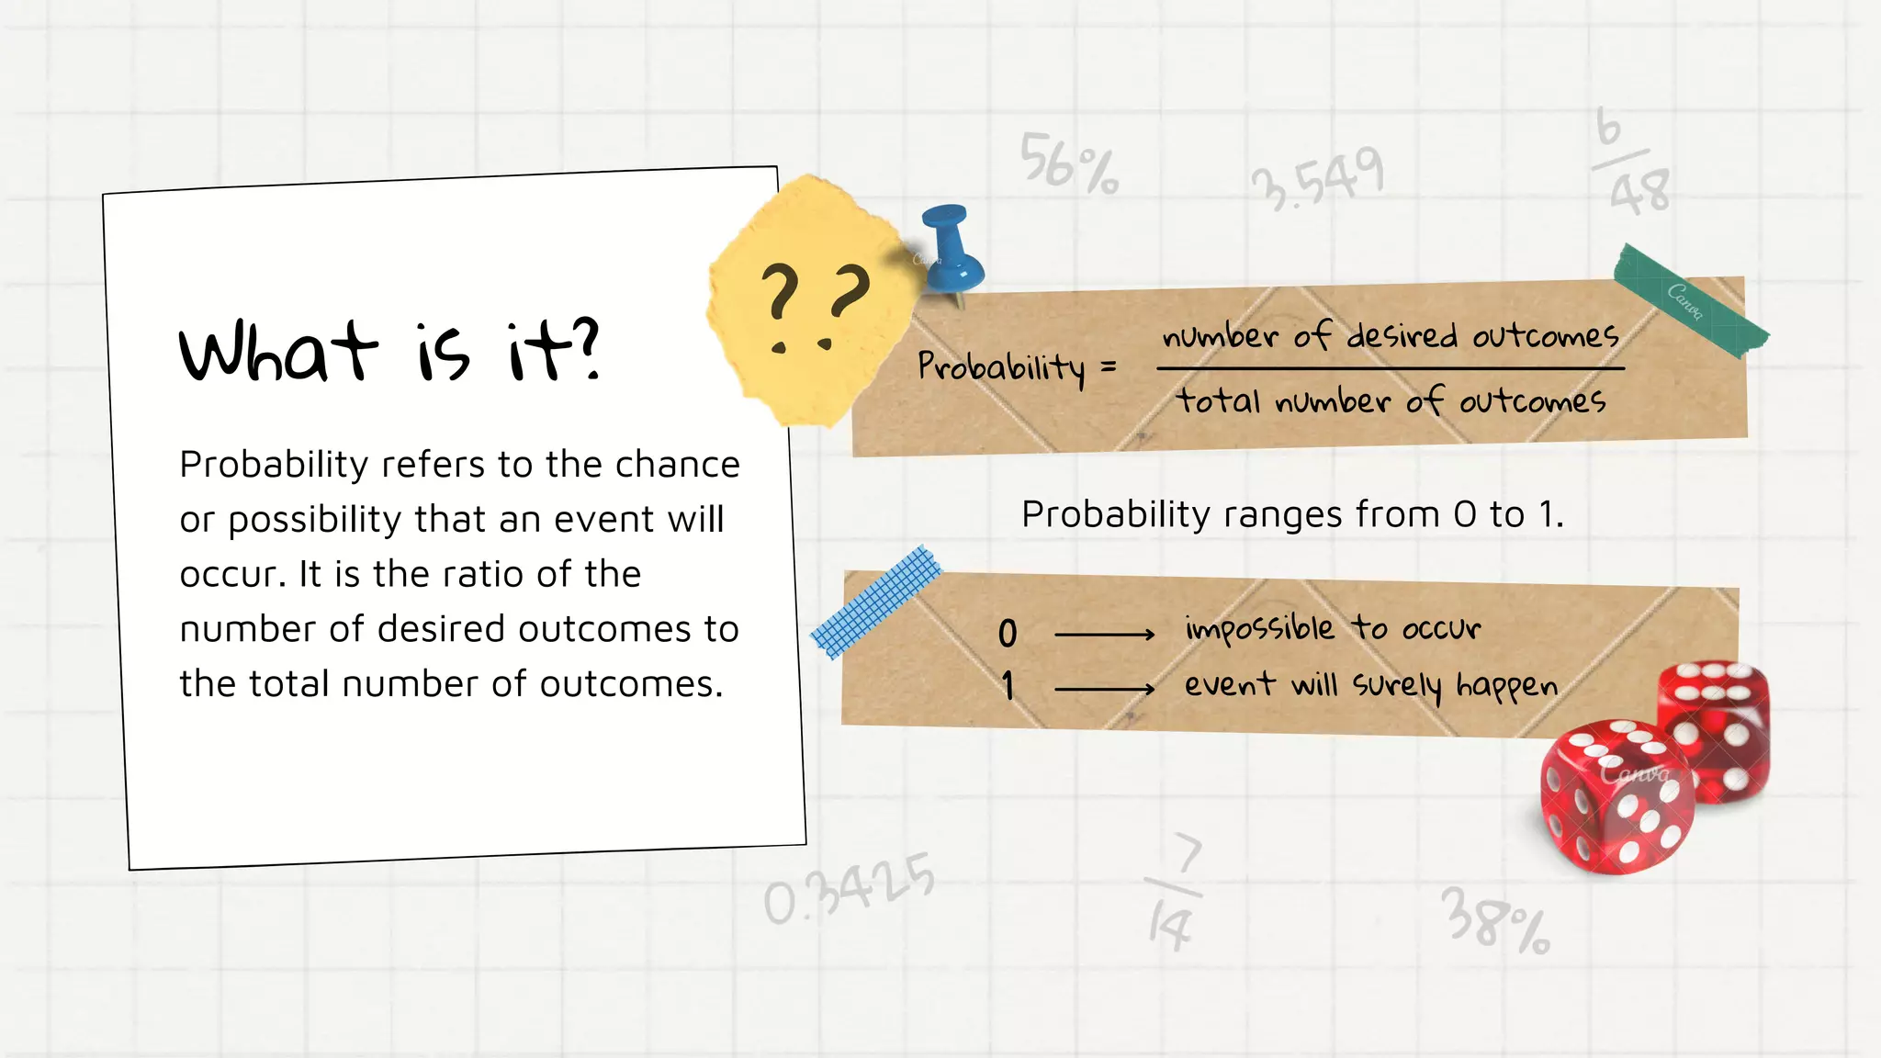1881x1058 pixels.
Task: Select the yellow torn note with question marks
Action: coord(813,298)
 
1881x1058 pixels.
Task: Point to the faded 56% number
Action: coord(1069,163)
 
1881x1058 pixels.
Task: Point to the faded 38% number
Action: coord(1495,920)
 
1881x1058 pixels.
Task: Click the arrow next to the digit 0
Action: coord(1104,634)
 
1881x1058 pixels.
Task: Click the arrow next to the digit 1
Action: coord(1104,689)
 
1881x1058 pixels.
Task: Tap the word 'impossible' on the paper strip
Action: coord(1259,629)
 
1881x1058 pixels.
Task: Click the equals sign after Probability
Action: coord(1109,367)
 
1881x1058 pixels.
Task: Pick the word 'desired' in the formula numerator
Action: coord(1402,336)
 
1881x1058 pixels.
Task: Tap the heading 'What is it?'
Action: coord(389,351)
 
